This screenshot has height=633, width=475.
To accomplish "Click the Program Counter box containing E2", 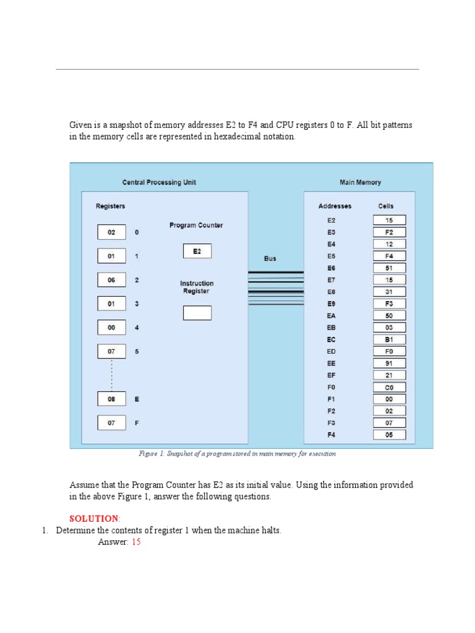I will [x=197, y=251].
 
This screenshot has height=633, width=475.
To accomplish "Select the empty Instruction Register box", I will [x=197, y=313].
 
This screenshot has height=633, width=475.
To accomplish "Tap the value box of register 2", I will [x=111, y=280].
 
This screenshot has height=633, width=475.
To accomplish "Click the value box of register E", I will [x=111, y=399].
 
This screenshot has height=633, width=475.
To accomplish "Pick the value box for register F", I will [x=111, y=423].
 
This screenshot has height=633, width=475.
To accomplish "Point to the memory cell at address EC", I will [x=389, y=339].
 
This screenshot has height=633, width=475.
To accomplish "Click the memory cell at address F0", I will [x=389, y=388].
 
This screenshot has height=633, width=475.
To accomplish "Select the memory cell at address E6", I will [x=389, y=268].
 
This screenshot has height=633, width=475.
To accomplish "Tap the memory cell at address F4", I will [x=389, y=435].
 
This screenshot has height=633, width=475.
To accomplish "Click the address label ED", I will [x=332, y=352].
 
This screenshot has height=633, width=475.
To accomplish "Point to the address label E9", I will [x=332, y=304].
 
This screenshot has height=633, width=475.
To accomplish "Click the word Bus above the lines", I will [x=270, y=258].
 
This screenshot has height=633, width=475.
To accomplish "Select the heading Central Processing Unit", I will [x=159, y=182].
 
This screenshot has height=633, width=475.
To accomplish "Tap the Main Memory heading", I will [x=360, y=182].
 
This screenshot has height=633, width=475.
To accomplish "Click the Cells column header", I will [x=385, y=206].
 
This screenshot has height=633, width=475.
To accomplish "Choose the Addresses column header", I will [x=335, y=206].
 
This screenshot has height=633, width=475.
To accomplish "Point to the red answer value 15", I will [x=136, y=542].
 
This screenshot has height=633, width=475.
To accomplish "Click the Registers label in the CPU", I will [x=110, y=206].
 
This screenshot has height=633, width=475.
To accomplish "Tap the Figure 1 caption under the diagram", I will [x=237, y=454].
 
